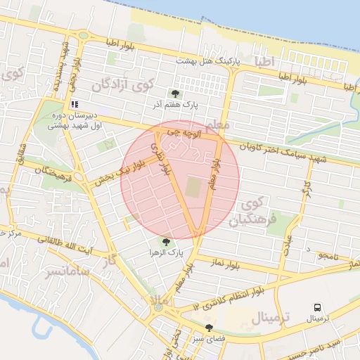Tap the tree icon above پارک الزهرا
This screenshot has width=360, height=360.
coord(166,241)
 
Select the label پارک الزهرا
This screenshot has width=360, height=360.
coord(166,252)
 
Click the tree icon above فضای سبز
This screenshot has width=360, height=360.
coord(209,327)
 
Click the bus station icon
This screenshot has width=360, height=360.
coord(318,307)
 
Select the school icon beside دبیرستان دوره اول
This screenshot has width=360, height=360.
coord(75,104)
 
